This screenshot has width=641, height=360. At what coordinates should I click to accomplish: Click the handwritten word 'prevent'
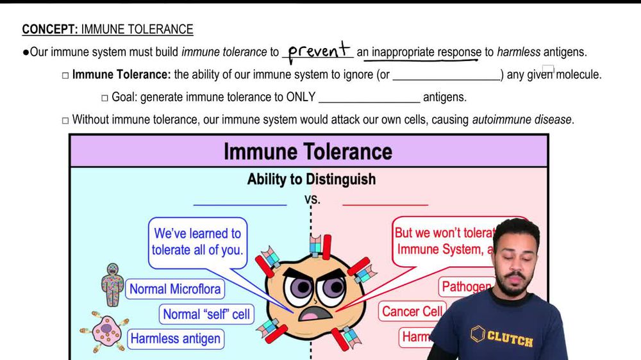(319, 51)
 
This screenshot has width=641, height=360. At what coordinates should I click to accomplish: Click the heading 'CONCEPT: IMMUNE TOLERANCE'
(107, 29)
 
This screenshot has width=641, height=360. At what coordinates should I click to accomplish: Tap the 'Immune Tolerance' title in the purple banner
(308, 152)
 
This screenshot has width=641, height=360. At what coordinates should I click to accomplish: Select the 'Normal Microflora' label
(175, 289)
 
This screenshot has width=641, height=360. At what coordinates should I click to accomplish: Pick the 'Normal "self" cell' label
(206, 314)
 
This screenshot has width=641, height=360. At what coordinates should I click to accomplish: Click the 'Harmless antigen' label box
(175, 339)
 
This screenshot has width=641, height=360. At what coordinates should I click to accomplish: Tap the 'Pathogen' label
(466, 286)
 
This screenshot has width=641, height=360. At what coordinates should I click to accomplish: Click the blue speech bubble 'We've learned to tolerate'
(197, 241)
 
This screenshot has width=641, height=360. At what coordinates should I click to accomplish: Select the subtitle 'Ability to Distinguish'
(312, 179)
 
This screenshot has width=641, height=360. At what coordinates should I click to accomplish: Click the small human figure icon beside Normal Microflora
(112, 285)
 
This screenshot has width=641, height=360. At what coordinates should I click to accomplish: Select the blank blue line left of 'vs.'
(240, 206)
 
